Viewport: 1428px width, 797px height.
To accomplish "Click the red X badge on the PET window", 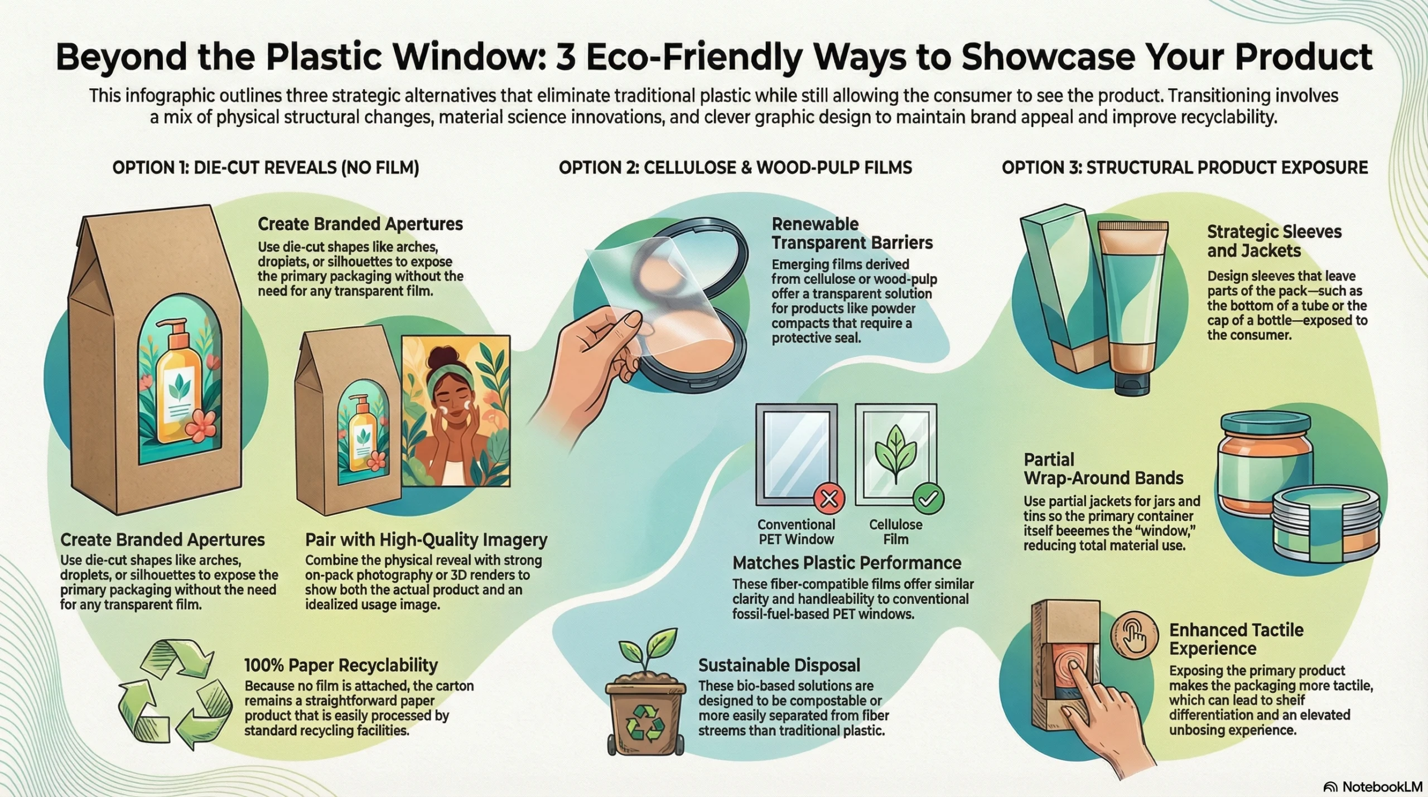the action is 829,498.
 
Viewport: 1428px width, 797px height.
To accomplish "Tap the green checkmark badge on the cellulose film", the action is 928,498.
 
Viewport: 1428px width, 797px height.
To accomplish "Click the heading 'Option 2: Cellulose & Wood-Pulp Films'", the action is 735,167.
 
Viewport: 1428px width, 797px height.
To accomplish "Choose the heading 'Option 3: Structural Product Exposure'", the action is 1185,167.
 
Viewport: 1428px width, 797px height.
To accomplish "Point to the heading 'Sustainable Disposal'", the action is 779,665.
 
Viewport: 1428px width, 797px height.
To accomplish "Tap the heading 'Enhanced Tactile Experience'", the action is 1236,639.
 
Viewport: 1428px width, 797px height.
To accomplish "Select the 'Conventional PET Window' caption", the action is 796,532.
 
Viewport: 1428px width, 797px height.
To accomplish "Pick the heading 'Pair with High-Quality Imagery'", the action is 426,539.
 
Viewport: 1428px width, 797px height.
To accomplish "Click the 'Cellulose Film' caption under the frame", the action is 895,532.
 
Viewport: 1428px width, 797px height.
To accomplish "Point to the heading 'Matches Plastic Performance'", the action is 847,563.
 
